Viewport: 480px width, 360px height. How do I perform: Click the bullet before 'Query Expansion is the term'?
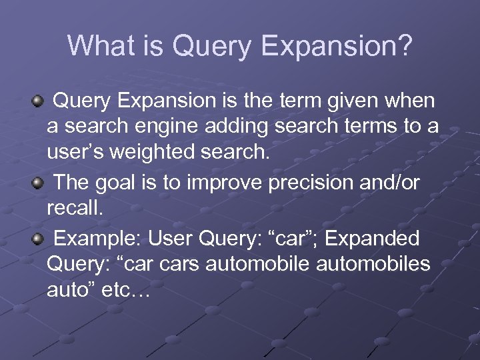[x=39, y=101]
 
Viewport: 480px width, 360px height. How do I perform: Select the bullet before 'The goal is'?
[x=39, y=183]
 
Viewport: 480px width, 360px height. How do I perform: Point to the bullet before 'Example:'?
[x=39, y=238]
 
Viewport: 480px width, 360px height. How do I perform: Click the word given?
[x=358, y=101]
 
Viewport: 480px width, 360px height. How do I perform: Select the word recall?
[x=75, y=209]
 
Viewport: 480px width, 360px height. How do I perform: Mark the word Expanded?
[x=378, y=238]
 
